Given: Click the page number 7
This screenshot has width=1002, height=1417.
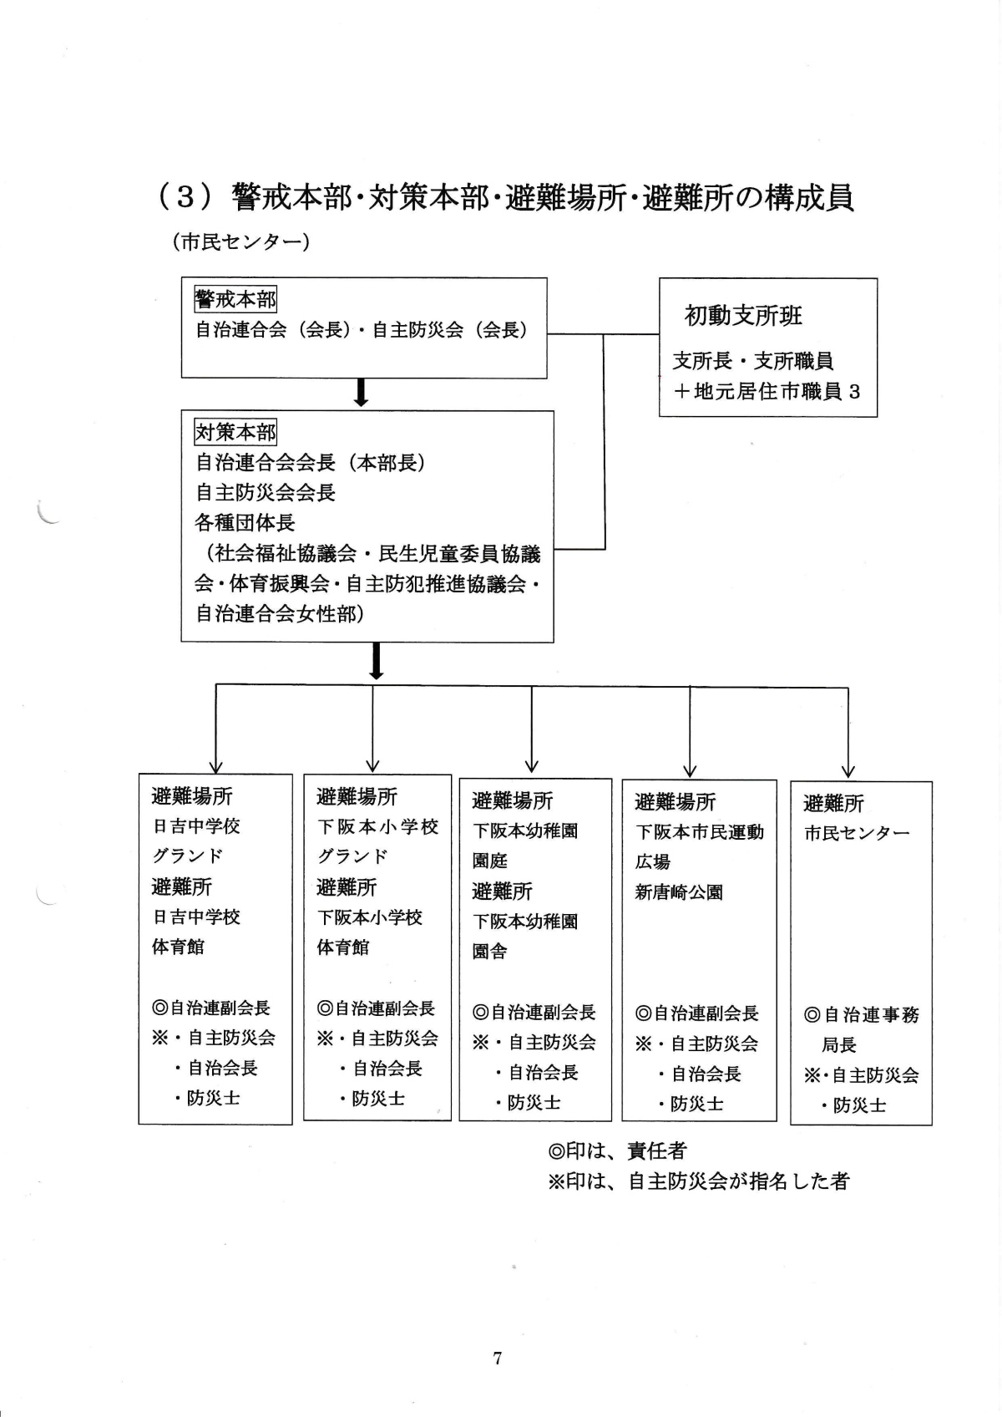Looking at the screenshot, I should pyautogui.click(x=498, y=1359).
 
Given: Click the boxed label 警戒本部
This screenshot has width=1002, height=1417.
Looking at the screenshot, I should pyautogui.click(x=235, y=299).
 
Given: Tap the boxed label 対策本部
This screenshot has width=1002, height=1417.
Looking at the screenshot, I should pyautogui.click(x=235, y=432).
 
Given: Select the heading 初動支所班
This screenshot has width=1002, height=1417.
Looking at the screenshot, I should pyautogui.click(x=743, y=316).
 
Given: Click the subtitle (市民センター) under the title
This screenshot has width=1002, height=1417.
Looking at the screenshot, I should pyautogui.click(x=241, y=242).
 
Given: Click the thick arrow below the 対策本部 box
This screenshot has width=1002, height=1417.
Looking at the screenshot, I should pyautogui.click(x=376, y=661).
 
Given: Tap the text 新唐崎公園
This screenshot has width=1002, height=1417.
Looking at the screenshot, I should pyautogui.click(x=679, y=892).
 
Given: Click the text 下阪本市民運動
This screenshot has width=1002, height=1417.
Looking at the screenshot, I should pyautogui.click(x=700, y=832).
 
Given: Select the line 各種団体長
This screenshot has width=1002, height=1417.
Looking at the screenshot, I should pyautogui.click(x=245, y=523).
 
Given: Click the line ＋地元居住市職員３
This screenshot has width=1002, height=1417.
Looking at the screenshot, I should pyautogui.click(x=766, y=391).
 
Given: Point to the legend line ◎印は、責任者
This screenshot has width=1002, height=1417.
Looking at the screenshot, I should pyautogui.click(x=617, y=1150).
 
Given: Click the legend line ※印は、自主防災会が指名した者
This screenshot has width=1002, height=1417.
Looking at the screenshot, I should pyautogui.click(x=698, y=1181).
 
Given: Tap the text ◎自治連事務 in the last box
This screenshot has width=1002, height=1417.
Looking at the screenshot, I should pyautogui.click(x=861, y=1015).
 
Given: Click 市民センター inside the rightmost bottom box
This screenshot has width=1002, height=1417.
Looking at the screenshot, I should pyautogui.click(x=857, y=834).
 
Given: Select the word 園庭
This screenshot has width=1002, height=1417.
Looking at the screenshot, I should pyautogui.click(x=490, y=861).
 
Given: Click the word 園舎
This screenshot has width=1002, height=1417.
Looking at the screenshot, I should pyautogui.click(x=490, y=952).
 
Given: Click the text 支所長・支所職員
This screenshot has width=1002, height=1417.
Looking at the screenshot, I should pyautogui.click(x=753, y=361).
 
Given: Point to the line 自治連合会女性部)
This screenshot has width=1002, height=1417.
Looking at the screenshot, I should pyautogui.click(x=280, y=614).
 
